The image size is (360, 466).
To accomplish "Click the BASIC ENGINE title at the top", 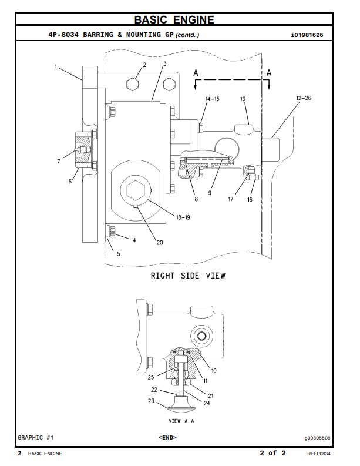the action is (174, 19).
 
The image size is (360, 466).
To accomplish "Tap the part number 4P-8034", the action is (63, 35).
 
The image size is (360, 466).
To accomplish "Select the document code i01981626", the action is (307, 35).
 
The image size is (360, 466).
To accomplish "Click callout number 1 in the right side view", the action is (56, 66).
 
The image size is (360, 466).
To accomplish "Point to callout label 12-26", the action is (304, 98).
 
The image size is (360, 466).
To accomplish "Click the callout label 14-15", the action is (213, 99).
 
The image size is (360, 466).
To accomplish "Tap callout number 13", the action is (243, 99).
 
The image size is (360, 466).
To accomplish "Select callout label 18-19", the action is (183, 217).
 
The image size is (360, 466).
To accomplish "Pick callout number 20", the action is (160, 243).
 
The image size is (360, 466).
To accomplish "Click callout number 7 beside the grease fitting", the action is (59, 162).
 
